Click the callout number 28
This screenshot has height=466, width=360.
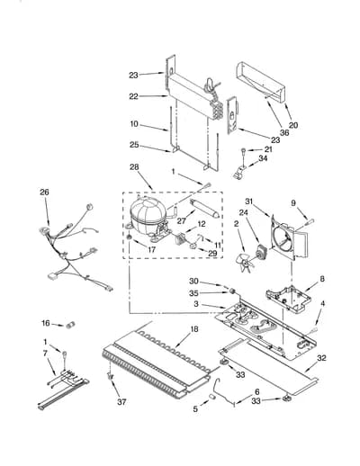(x=134, y=167)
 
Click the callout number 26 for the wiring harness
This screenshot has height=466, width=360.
(x=44, y=193)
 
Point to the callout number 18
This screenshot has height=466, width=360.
(x=194, y=329)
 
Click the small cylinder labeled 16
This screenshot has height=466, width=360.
(x=70, y=325)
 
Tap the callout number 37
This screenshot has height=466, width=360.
(x=121, y=402)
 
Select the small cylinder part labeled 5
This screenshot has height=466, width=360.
(x=212, y=398)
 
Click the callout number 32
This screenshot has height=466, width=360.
(x=321, y=358)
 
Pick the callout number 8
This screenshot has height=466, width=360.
(x=322, y=279)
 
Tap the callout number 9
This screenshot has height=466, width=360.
(x=293, y=203)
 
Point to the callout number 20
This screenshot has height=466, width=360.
(x=293, y=125)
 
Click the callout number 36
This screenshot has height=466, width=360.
(x=284, y=132)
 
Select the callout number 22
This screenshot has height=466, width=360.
(x=134, y=96)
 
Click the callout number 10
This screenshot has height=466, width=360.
(x=134, y=124)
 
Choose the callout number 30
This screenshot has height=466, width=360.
(x=193, y=282)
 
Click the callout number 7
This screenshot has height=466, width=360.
(x=45, y=354)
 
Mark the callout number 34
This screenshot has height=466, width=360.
(x=263, y=158)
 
